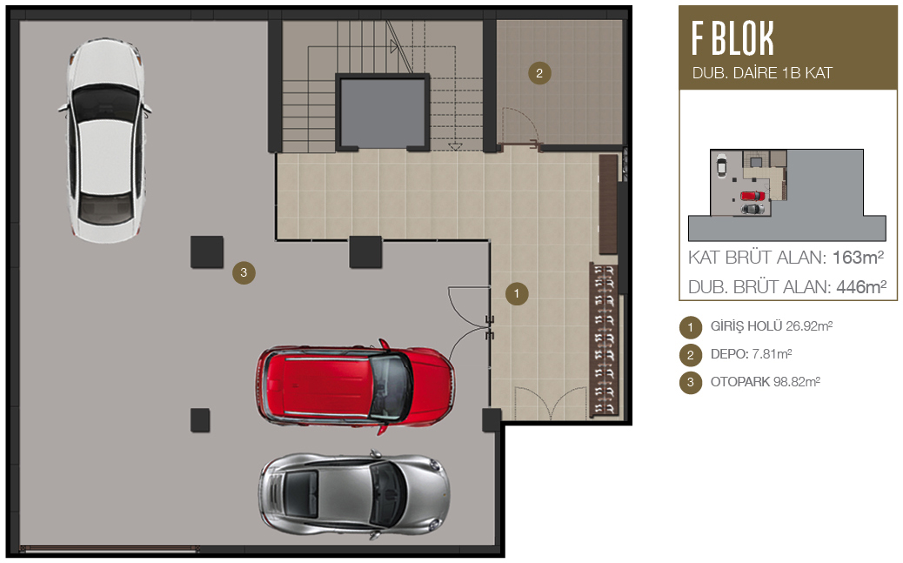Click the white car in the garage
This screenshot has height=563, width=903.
tap(104, 140)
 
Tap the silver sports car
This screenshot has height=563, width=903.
tap(354, 495)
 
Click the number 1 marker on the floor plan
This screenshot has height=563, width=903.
tap(517, 294)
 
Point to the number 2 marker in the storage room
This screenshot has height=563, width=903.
tap(539, 73)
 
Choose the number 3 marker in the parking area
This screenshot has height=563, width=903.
tap(244, 272)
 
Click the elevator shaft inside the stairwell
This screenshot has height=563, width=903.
tap(383, 112)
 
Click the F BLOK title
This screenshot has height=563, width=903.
tap(732, 38)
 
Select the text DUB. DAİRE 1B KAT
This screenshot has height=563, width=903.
tap(762, 73)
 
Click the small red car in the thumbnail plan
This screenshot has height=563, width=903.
tap(752, 196)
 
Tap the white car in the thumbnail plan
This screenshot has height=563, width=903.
tap(721, 165)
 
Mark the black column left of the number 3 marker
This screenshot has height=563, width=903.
tap(207, 251)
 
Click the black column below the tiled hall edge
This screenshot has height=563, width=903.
tap(365, 251)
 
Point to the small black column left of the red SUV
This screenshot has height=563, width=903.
tap(200, 420)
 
